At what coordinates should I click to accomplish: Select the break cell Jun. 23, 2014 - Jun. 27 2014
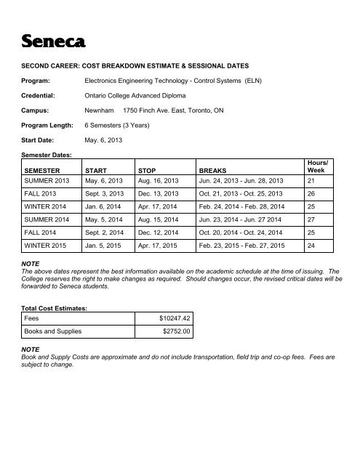244,228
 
